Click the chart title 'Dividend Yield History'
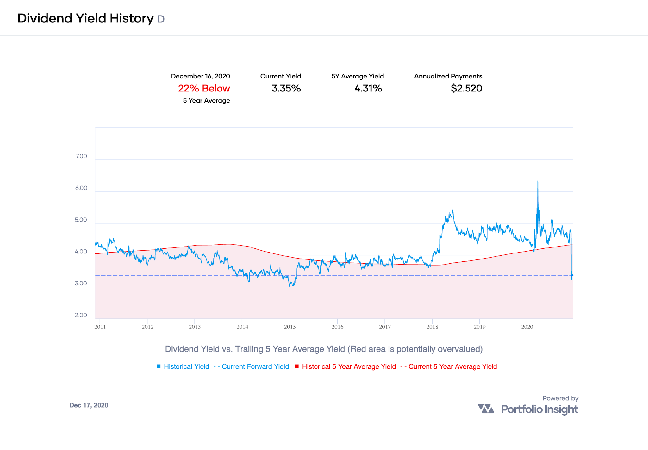point(85,18)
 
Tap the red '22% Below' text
point(204,88)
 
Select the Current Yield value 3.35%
point(286,88)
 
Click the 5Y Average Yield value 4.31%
point(368,88)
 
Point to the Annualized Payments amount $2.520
point(466,88)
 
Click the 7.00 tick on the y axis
point(81,156)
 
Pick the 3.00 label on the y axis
point(81,284)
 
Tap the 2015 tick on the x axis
point(290,327)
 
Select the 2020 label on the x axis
point(527,327)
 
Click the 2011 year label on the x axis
point(100,327)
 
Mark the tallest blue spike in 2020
point(538,182)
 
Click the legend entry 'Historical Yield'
point(186,366)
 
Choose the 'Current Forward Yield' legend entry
point(255,366)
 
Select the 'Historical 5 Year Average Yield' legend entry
point(349,366)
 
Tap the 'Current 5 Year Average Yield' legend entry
point(452,366)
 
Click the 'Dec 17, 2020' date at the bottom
point(89,405)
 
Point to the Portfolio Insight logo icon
point(486,409)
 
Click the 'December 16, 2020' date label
point(200,76)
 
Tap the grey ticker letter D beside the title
point(161,19)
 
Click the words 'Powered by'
point(560,398)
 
